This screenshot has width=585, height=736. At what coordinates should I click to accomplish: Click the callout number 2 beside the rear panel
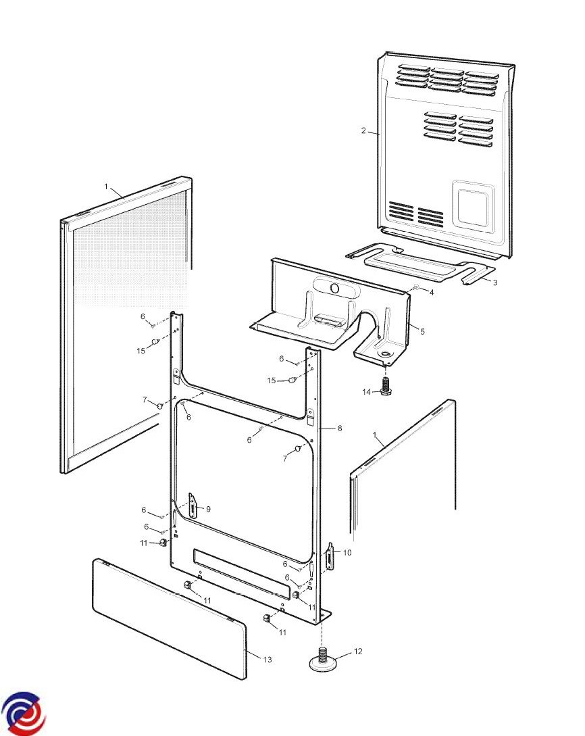coord(363,131)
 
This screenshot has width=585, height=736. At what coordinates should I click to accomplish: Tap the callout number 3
coord(494,283)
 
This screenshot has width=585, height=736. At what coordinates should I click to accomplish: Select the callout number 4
coord(432,293)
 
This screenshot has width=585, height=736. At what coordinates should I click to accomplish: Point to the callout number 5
coord(422,331)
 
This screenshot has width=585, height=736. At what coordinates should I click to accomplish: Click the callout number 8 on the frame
coord(340,428)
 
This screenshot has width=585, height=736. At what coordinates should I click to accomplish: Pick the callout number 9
coord(208,509)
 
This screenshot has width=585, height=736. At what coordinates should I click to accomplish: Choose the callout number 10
coord(347,553)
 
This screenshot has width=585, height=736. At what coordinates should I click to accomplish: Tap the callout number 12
coord(358,652)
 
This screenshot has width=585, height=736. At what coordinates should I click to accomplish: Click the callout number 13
coord(268,660)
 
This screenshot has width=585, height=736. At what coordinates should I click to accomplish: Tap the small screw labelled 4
coord(415,288)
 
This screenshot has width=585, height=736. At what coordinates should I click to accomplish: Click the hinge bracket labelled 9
coord(193,506)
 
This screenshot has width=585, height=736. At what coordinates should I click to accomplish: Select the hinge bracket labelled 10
coord(331,556)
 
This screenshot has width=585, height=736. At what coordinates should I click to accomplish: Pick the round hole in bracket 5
coord(334,289)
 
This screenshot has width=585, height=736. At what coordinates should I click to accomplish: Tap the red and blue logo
coord(23,714)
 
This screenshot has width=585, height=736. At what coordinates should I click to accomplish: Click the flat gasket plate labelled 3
coord(419,264)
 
